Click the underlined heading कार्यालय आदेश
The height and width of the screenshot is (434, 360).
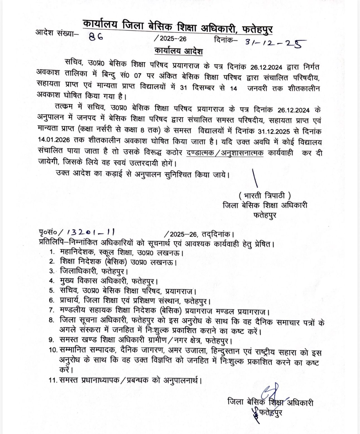(x=179, y=52)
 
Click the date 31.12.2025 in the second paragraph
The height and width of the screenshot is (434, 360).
(x=274, y=131)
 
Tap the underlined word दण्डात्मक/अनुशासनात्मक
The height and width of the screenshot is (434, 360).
(x=225, y=153)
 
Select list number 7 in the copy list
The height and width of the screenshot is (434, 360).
(x=51, y=310)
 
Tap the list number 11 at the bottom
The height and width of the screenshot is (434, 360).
(x=53, y=380)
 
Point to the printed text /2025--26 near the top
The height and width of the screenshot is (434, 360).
(x=170, y=39)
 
